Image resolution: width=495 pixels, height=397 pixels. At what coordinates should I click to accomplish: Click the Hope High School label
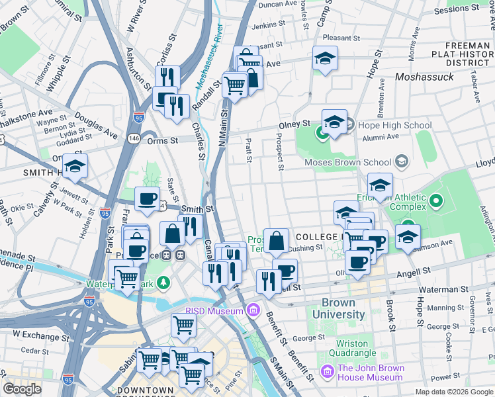coord(395,125)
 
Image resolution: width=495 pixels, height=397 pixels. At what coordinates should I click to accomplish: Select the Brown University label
coord(338,308)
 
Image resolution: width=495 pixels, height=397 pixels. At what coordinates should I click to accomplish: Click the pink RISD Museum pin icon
coord(252,310)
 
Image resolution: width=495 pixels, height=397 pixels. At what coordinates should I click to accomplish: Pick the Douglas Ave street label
coord(97,124)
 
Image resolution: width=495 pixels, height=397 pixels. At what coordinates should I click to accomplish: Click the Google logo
coord(22,389)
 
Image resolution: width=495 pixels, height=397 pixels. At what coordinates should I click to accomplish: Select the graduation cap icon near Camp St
coord(325,59)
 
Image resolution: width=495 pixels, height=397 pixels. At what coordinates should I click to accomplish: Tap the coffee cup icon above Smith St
coord(147,198)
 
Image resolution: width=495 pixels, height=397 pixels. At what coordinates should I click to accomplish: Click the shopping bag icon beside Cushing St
coord(276,241)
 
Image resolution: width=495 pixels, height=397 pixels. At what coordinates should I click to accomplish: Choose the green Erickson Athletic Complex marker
coord(435,200)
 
